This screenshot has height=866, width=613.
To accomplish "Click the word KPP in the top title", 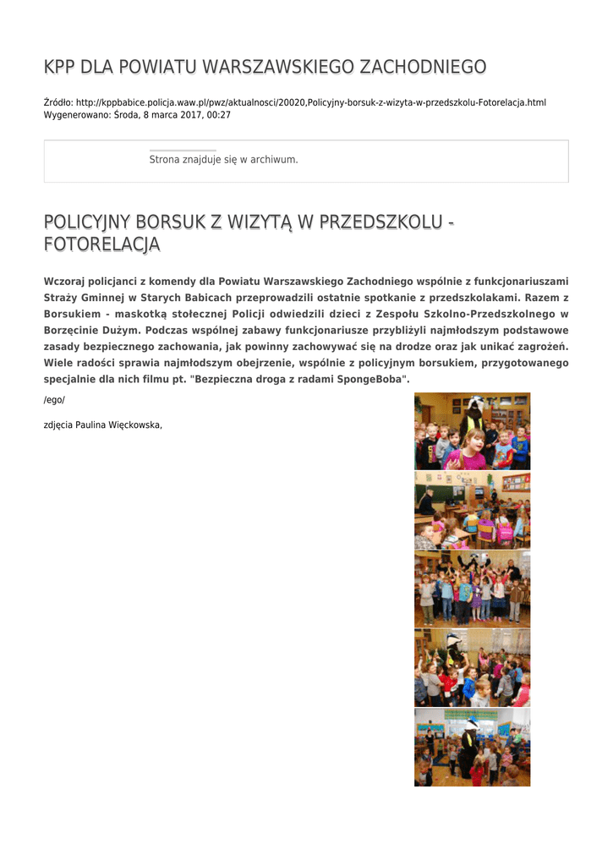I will point(59,67).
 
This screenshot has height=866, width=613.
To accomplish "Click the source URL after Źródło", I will point(311,102).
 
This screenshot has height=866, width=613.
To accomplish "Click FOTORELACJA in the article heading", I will point(101,245).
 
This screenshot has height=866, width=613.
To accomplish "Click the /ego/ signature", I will point(54,399).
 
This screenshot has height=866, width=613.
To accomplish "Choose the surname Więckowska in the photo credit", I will point(134,425).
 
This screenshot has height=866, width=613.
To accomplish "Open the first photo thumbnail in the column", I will point(472,431).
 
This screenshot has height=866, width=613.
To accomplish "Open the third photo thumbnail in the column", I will point(472,589).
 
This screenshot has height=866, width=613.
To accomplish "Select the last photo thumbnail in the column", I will point(472,748).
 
